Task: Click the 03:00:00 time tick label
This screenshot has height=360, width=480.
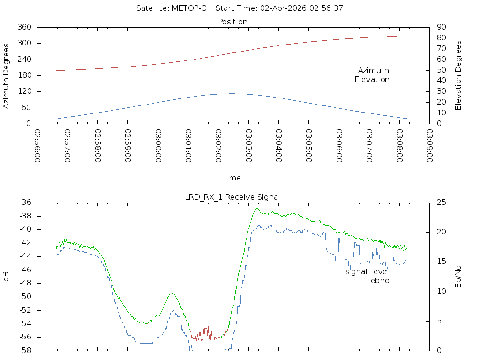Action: pos(158,146)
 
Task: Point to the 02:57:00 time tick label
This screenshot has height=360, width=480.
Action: pos(67,146)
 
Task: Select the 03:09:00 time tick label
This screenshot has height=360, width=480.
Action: pos(430,146)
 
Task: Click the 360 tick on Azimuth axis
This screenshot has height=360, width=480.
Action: pos(24,27)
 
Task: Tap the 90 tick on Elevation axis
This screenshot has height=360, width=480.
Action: pos(442,27)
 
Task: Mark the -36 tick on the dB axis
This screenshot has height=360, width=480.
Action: pos(25,202)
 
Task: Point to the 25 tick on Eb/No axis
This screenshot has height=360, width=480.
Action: pos(442,202)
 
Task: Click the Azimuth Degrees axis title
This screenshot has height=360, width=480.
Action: pos(6,76)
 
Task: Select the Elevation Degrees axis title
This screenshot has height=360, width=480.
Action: pos(458,75)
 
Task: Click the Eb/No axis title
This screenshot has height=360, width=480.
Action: pos(458,277)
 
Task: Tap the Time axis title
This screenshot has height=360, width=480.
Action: pos(232,178)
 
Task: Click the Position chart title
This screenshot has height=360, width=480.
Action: pos(232,22)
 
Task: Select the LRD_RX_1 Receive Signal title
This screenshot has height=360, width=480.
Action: pos(232,197)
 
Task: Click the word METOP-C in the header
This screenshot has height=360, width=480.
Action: pos(189,8)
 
